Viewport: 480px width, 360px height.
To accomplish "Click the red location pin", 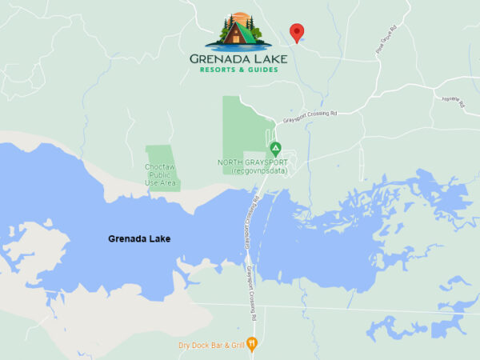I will click(x=297, y=32).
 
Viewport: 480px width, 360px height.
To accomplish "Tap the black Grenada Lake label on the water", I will click(x=139, y=238).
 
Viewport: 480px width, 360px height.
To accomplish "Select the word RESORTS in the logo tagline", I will click(x=220, y=70).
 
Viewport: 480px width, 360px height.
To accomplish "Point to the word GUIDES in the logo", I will click(x=262, y=70).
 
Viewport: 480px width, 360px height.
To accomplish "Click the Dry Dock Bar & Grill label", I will click(x=210, y=346).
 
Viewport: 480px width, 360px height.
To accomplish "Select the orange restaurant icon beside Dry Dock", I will click(x=253, y=344).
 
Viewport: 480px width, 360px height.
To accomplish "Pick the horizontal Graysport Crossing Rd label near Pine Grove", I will click(x=310, y=117).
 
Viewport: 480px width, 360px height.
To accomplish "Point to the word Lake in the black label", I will click(x=159, y=238).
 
